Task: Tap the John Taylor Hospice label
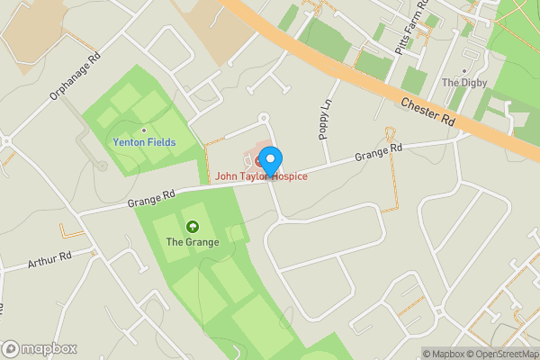(x=261, y=176)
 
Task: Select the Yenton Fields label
(x=144, y=143)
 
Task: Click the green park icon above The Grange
(x=191, y=227)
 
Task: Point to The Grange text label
(x=187, y=242)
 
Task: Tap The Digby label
(x=463, y=83)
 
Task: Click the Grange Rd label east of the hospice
(x=378, y=149)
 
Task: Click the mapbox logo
(x=40, y=348)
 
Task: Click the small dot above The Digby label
(x=464, y=70)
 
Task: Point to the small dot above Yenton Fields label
(x=144, y=130)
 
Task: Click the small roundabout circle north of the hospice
(x=264, y=117)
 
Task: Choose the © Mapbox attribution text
(x=444, y=354)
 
